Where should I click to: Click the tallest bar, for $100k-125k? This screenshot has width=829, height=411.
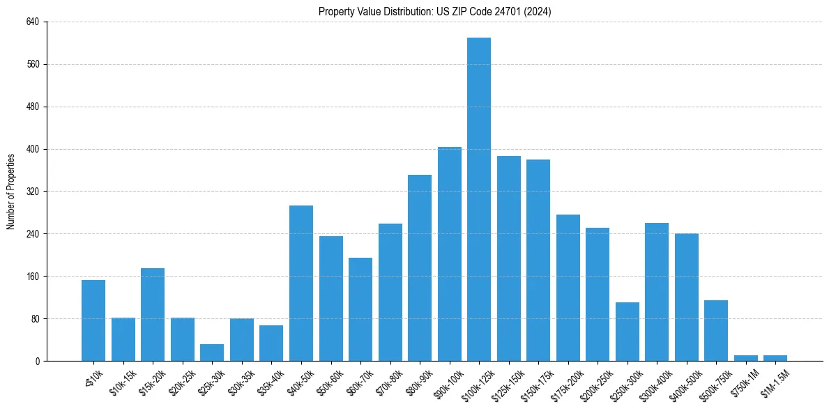coord(479,199)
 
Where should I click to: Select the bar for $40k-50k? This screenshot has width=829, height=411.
coord(301,283)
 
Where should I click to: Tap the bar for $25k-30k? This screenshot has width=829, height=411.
coord(212,352)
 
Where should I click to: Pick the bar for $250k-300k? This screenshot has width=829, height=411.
coord(628,332)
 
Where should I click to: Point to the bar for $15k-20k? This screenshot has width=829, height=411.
coord(153,314)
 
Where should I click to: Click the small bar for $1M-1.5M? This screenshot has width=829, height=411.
coord(775,358)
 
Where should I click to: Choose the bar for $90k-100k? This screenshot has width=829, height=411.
coord(450,254)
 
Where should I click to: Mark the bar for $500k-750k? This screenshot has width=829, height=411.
coord(716,330)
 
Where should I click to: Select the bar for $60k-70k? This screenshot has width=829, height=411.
coord(360,309)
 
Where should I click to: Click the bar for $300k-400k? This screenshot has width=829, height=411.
coord(657,292)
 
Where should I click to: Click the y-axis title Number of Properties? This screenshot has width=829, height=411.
coord(11,192)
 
